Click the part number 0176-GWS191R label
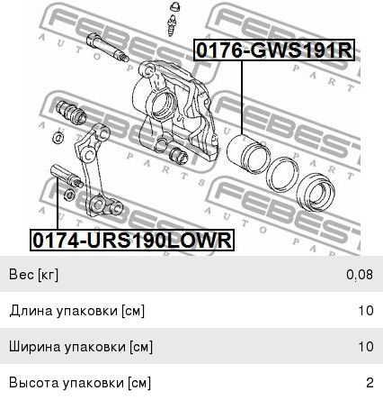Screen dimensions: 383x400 coord(274,50)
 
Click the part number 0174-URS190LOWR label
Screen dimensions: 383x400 coord(132,240)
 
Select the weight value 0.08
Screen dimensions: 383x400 coord(360,274)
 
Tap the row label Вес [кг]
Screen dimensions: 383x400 coord(33,275)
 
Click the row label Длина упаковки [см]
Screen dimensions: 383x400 coord(76,311)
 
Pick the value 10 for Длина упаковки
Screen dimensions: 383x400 coord(366,310)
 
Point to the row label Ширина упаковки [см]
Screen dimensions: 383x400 coord(81,347)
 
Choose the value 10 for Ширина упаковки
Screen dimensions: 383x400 coord(366,346)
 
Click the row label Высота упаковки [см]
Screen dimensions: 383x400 coord(80,383)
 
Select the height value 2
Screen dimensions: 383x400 coord(370,383)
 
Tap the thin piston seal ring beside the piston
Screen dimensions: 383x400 coord(282,174)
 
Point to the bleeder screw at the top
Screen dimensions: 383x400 coord(172,25)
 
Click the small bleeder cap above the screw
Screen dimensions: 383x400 coord(174,6)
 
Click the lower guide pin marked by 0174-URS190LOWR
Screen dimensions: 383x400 coord(67,177)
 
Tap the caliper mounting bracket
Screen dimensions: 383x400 coord(97,171)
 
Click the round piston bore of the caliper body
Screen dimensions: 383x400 coord(164,105)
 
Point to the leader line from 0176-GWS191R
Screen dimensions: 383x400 coord(242,97)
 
